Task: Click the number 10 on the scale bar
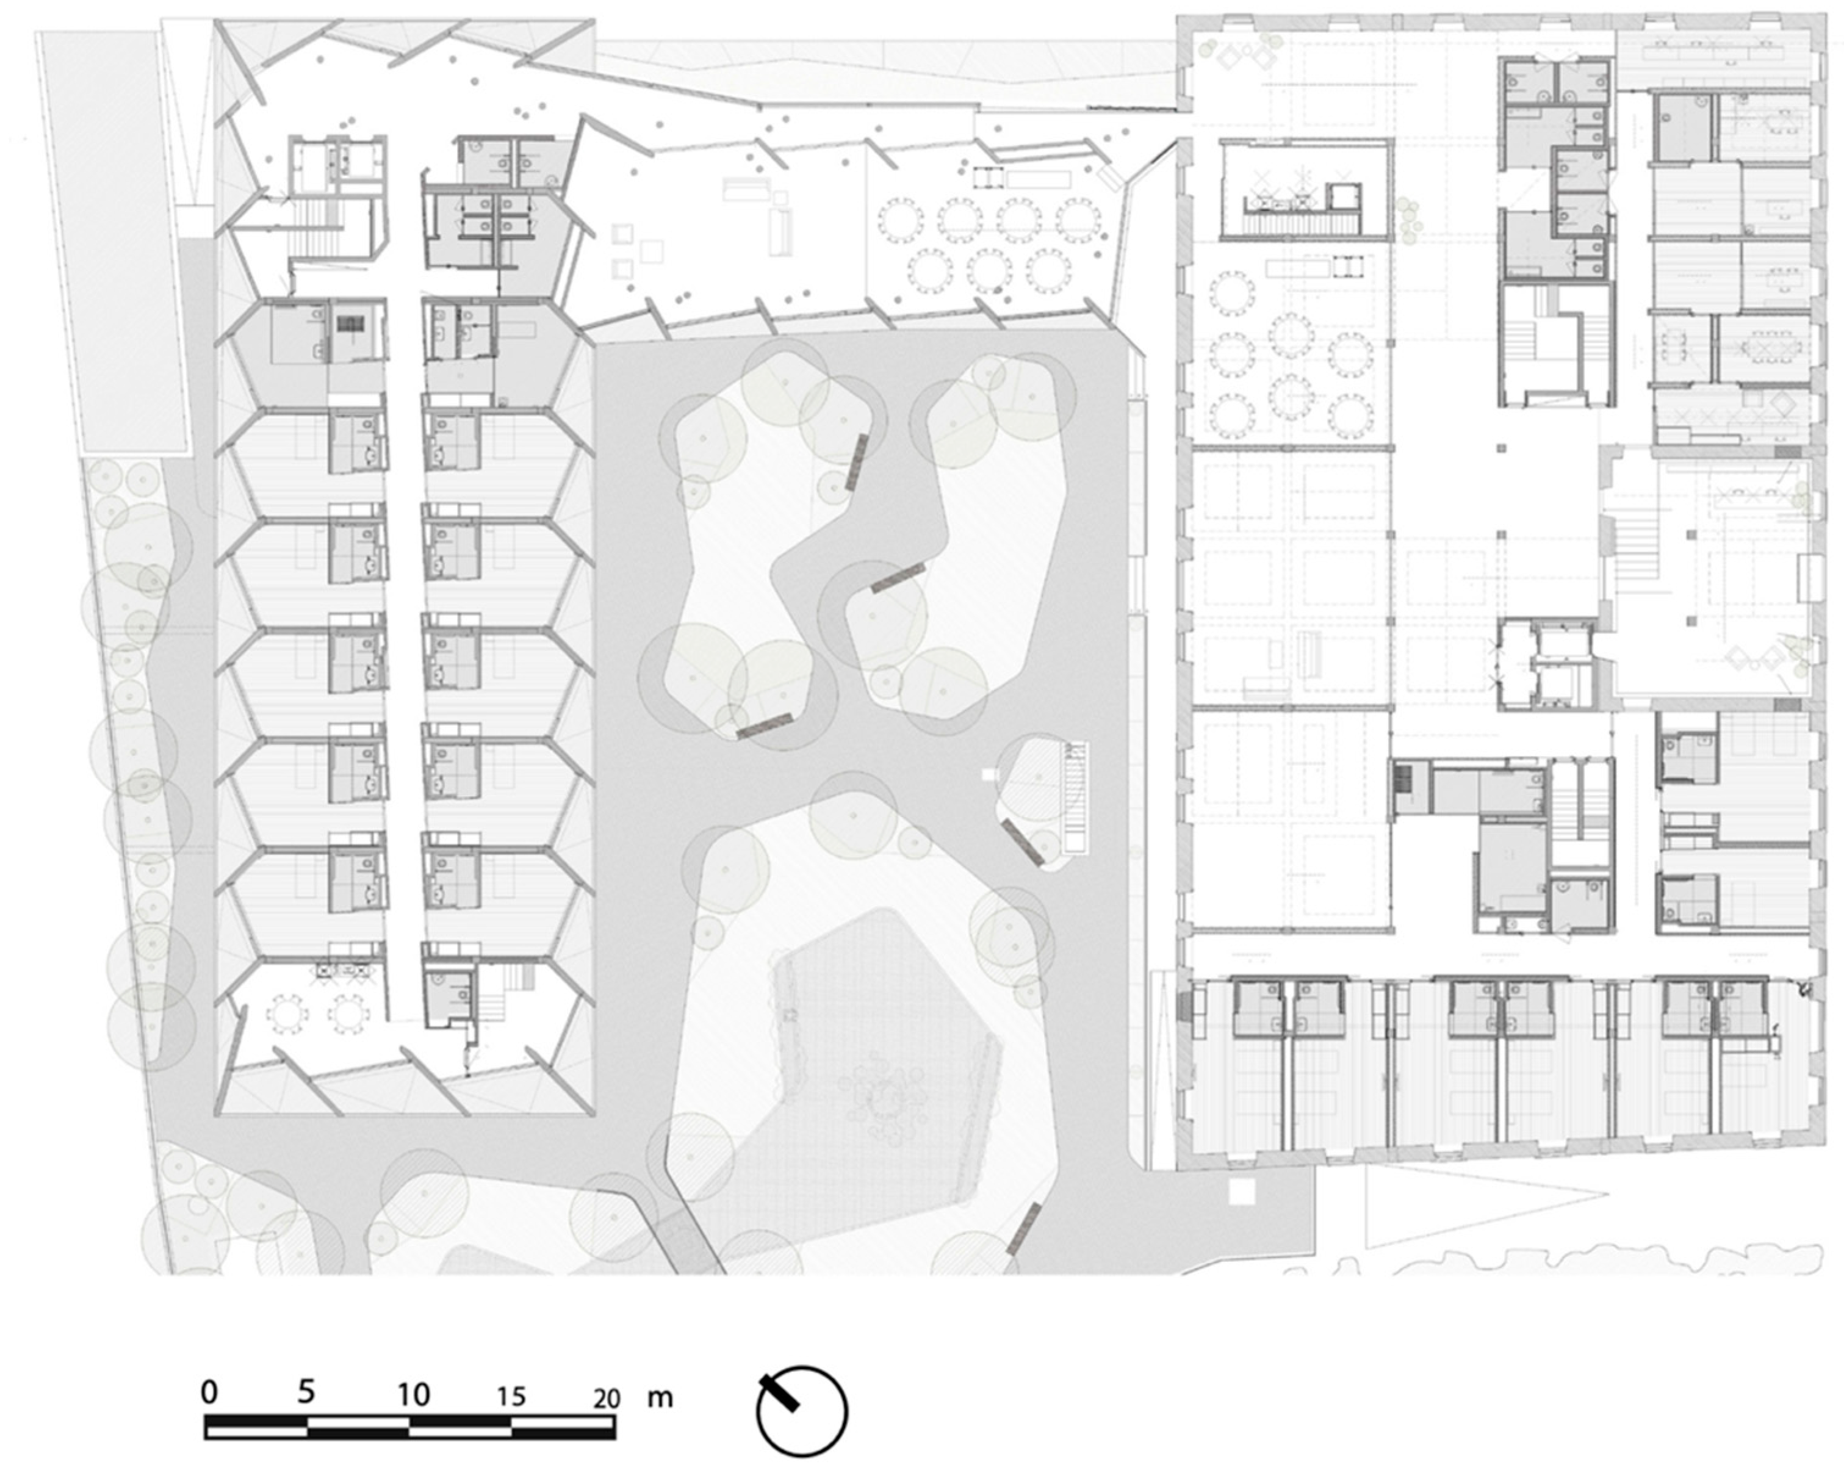412,1395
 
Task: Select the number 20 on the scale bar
607,1399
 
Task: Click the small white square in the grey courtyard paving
990,775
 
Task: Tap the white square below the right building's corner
1241,1191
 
